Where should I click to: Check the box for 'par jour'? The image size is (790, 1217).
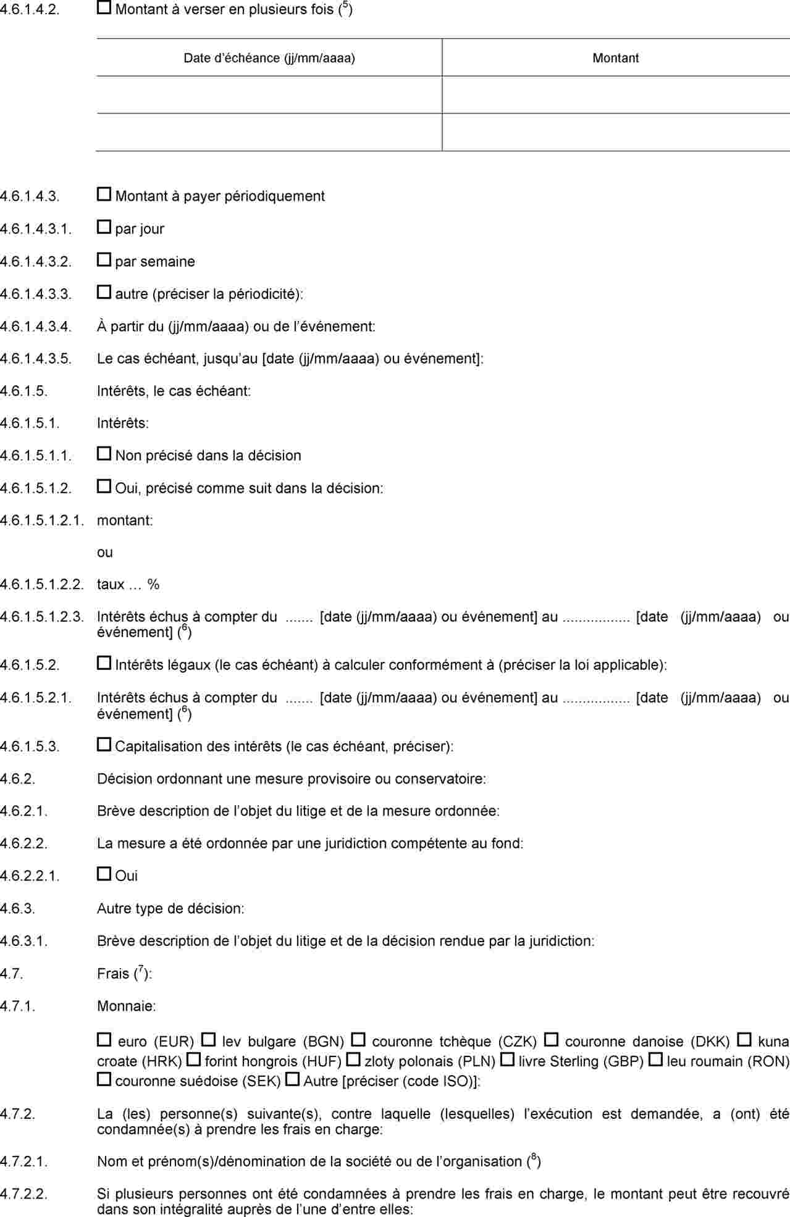coord(104,227)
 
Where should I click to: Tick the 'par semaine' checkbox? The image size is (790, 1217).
coord(104,260)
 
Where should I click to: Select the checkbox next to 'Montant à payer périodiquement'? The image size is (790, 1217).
coord(104,194)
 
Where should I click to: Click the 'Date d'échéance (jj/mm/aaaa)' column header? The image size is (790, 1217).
coord(269,58)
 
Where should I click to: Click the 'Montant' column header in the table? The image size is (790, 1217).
coord(615,58)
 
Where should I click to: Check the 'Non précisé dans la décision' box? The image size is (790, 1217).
coord(104,454)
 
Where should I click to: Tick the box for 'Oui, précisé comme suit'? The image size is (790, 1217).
coord(104,487)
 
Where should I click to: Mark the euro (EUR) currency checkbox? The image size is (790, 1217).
coord(104,1040)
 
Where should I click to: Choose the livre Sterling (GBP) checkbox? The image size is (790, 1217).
coord(506,1060)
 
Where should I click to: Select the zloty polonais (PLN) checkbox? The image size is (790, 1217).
coord(353,1060)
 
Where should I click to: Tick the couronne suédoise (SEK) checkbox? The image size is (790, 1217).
coord(104,1080)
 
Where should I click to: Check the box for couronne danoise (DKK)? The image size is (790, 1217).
coord(551,1040)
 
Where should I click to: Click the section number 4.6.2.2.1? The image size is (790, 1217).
coord(30,876)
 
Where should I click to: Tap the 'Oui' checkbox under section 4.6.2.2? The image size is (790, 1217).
coord(104,874)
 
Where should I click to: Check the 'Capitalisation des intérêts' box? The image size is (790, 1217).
coord(104,745)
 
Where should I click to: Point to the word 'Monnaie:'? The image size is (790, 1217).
coord(126,1006)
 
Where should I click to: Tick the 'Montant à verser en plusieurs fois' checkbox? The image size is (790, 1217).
coord(104,8)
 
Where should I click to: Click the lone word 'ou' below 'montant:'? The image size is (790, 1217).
coord(105,552)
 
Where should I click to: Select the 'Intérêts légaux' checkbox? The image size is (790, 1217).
coord(104,664)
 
